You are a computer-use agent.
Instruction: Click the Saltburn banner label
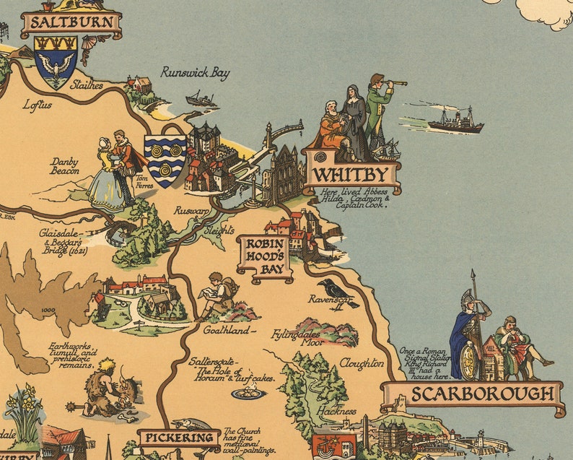click(x=71, y=23)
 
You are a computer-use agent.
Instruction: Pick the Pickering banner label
click(x=179, y=438)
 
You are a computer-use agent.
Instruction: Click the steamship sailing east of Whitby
click(x=455, y=121)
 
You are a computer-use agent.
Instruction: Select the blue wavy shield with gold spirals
click(x=165, y=159)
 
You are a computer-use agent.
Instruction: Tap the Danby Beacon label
click(x=65, y=167)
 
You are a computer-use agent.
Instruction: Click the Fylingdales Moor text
click(x=297, y=337)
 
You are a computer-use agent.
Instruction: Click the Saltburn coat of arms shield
click(x=56, y=61)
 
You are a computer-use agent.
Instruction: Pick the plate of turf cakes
click(x=248, y=393)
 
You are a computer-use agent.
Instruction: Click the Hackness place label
click(x=336, y=412)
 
